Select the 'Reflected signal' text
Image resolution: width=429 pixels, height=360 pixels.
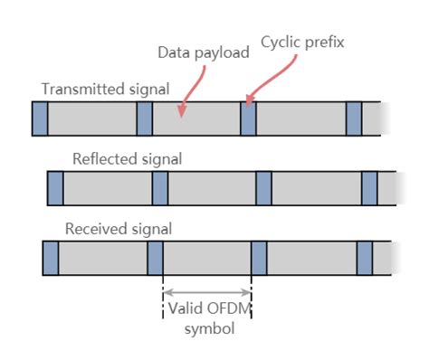coord(127,159)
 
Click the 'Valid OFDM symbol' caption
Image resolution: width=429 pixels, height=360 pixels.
coord(207,317)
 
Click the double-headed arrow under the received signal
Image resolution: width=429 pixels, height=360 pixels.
coord(206,292)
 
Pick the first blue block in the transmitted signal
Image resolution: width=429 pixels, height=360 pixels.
coord(39,118)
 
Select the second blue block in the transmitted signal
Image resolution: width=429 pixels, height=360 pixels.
coord(144,118)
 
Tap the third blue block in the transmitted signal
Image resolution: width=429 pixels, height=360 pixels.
coord(249,118)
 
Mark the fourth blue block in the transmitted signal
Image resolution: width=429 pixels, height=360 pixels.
coord(354,118)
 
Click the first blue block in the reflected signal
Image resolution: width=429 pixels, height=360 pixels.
coord(55,188)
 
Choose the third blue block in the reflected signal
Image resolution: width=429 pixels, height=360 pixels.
coord(263,188)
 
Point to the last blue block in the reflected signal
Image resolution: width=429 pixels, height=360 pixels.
coord(369,188)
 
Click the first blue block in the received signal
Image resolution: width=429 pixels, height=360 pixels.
coord(51,258)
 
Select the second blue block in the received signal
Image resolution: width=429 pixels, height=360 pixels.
coord(155,258)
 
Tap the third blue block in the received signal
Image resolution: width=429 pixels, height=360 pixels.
coord(259,258)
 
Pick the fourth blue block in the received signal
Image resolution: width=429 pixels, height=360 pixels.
coord(364,258)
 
